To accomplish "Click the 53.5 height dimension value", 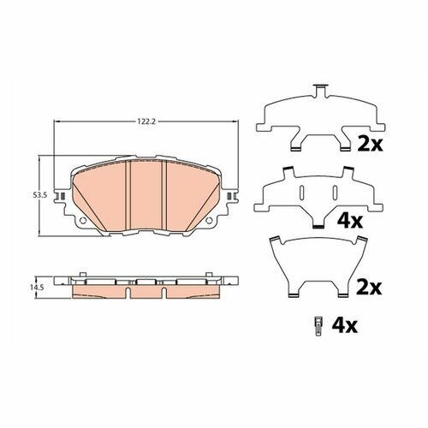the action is (x=37, y=195).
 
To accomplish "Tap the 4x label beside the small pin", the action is (x=344, y=325).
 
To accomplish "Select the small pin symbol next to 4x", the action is (x=318, y=326).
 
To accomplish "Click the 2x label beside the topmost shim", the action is (x=370, y=144).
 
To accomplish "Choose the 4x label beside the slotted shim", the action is (x=350, y=221).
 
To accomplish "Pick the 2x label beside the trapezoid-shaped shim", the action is (x=370, y=288).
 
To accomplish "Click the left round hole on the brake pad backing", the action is (x=83, y=220).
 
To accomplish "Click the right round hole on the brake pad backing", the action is (x=209, y=220).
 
